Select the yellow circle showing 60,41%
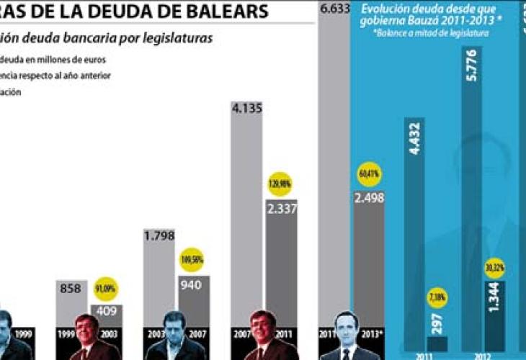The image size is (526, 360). pos(368,174)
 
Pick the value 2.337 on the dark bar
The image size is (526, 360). pos(280,209)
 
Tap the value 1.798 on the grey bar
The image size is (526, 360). pos(160,235)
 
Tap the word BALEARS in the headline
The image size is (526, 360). pos(232,12)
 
